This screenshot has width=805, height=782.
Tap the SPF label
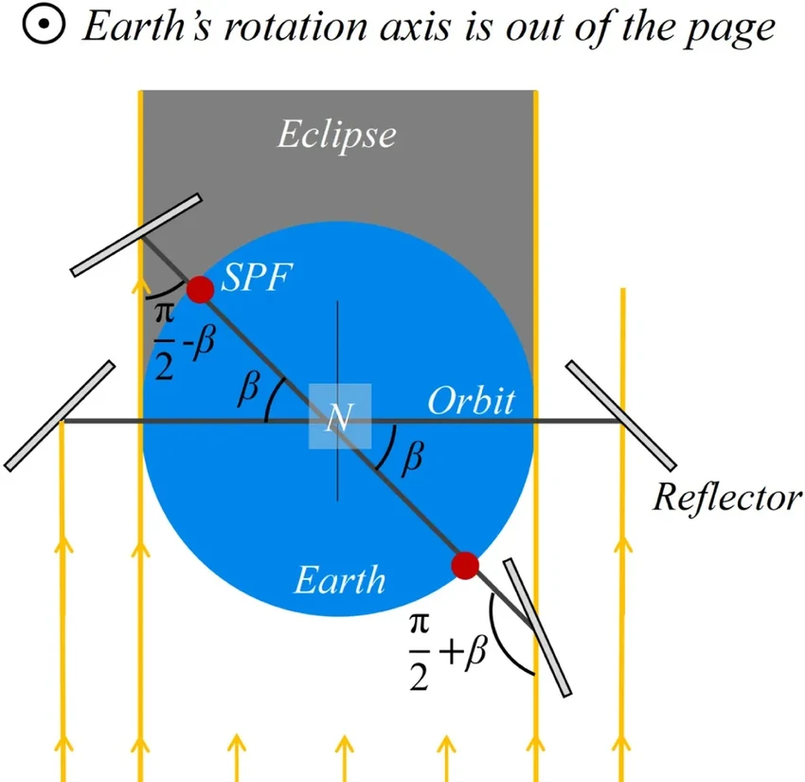click(254, 279)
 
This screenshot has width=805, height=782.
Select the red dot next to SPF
click(199, 289)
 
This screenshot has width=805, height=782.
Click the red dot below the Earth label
click(464, 566)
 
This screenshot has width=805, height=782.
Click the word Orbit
click(471, 401)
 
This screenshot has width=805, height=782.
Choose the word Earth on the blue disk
click(340, 578)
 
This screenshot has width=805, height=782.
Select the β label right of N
click(410, 458)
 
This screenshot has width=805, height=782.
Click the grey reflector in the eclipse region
click(137, 235)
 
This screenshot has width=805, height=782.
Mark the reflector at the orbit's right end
click(620, 415)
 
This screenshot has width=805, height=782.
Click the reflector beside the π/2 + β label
click(538, 627)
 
